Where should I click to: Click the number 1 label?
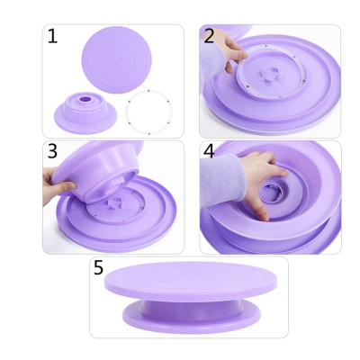click(52, 37)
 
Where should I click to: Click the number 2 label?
click(209, 37)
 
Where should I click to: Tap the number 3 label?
click(52, 151)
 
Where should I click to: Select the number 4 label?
click(209, 151)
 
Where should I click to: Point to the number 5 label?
click(99, 267)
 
